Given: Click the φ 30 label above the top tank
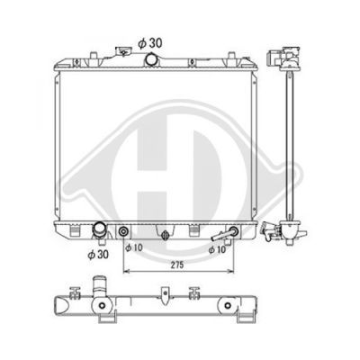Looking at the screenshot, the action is [150, 43].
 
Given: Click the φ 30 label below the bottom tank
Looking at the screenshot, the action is [98, 255].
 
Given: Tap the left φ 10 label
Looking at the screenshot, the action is [134, 247].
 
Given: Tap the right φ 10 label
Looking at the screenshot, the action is [217, 249].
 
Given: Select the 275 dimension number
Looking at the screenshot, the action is [177, 265].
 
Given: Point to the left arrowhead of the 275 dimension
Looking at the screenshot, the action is [126, 271].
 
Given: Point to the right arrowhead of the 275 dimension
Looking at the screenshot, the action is [230, 271].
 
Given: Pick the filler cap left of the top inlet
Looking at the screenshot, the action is [122, 51].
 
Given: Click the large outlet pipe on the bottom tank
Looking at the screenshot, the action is [98, 229].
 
